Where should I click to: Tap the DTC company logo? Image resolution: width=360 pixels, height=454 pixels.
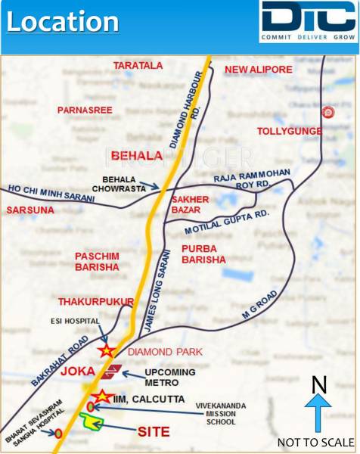coord(307,22)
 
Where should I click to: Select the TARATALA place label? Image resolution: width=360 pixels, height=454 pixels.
coord(138,67)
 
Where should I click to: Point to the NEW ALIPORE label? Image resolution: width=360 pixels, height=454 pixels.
coord(259,70)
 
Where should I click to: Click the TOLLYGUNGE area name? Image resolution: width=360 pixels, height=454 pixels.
coord(290,131)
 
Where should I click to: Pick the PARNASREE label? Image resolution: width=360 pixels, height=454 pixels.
coord(85,110)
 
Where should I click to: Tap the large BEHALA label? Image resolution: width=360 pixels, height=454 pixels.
coord(137,156)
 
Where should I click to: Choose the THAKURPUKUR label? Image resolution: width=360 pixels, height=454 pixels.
coord(95,301)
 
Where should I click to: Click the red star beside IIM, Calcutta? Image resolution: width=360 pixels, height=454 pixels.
coord(100,396)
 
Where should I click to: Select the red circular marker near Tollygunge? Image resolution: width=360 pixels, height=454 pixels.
coord(327,113)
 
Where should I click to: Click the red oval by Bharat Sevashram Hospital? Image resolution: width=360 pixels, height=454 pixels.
coord(58,434)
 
